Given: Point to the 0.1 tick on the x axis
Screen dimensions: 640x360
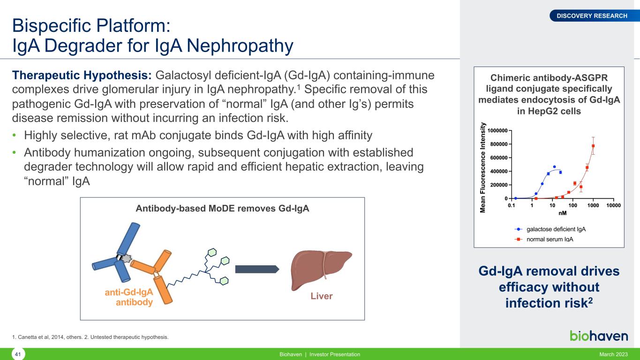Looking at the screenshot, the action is (512, 205).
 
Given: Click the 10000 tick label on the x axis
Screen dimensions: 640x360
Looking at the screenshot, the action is (613, 205).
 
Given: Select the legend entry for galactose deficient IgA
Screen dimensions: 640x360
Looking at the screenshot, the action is (550, 229).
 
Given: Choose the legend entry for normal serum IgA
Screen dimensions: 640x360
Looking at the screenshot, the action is (544, 239).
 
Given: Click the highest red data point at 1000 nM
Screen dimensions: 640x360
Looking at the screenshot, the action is (593, 146).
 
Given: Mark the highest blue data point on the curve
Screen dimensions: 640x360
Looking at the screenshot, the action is (554, 166).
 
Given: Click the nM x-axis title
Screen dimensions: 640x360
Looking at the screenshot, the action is (562, 213).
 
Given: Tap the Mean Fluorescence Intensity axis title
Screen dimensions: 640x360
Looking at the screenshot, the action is (482, 167).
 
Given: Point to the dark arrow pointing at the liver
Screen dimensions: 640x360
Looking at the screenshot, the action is (257, 269).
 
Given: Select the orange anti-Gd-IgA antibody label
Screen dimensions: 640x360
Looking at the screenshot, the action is (129, 297).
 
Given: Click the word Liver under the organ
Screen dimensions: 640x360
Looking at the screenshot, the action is (322, 296).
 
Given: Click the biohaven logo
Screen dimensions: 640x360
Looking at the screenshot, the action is (599, 336).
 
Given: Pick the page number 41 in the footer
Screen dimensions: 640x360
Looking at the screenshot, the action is (18, 354).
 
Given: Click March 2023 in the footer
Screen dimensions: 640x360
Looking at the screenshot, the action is (613, 354).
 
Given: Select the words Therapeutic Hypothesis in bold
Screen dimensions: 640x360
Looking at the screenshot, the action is (82, 75).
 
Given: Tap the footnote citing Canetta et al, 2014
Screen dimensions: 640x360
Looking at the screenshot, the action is (90, 337).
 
